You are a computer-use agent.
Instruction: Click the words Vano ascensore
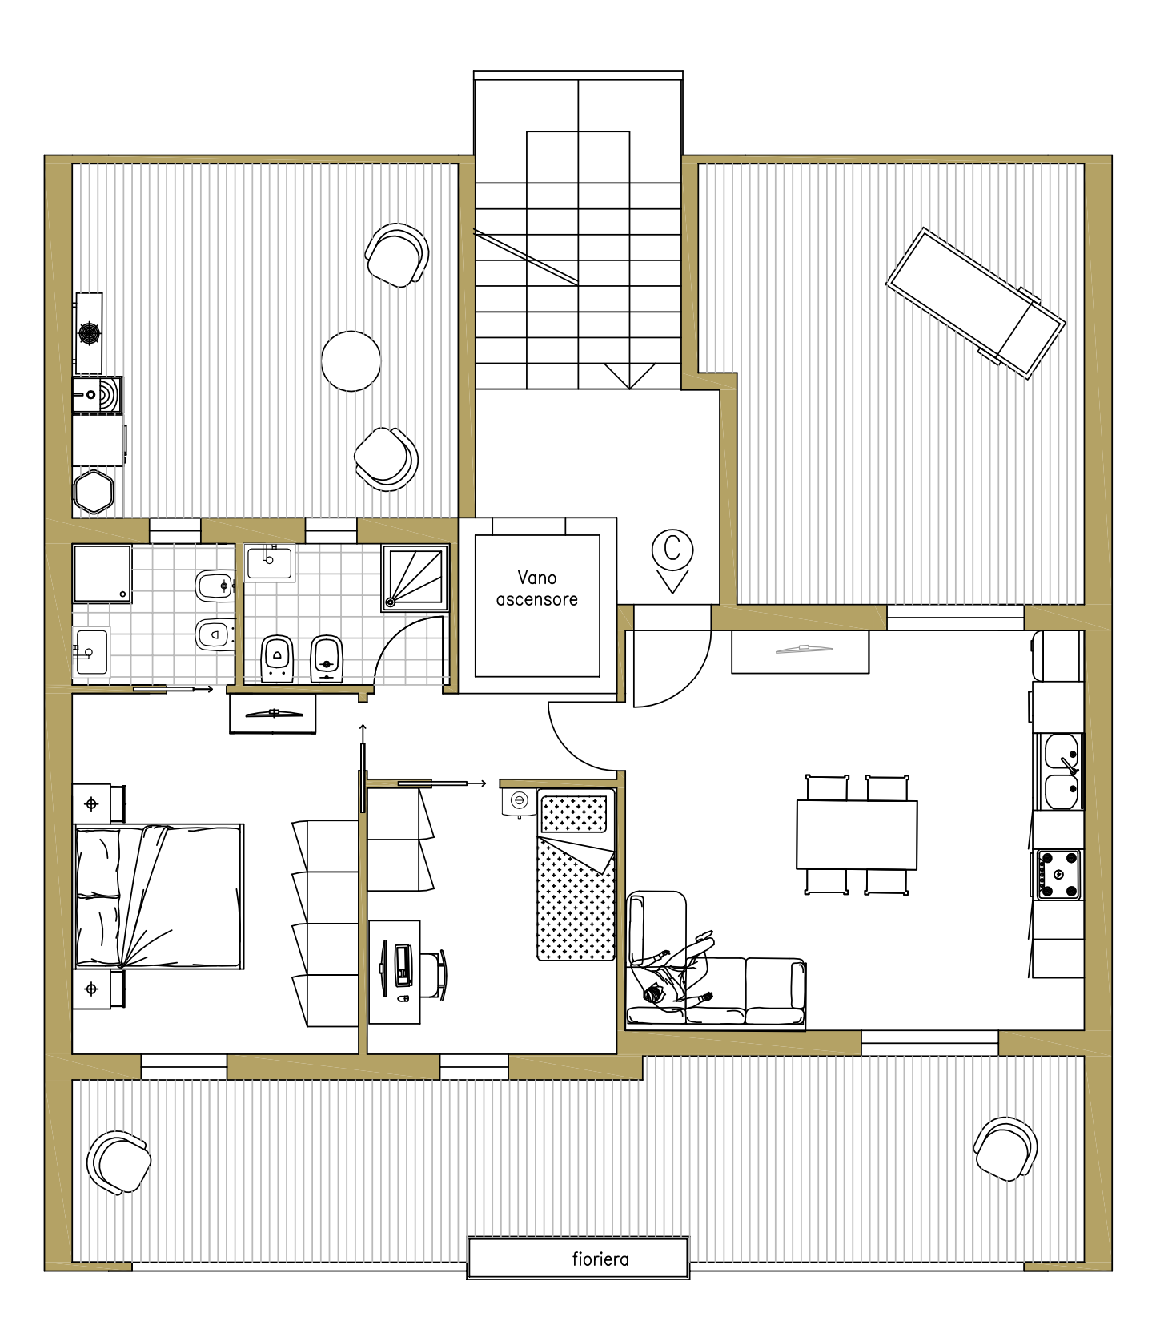click(536, 589)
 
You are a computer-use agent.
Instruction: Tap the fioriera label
click(600, 1259)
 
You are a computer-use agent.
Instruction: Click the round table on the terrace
click(351, 361)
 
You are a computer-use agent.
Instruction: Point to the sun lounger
click(975, 303)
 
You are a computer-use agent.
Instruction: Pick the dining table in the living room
click(857, 835)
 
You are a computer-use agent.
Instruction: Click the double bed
click(159, 896)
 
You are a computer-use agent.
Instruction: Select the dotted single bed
click(576, 874)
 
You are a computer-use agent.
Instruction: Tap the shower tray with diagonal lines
click(415, 578)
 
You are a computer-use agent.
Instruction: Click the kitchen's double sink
click(1062, 771)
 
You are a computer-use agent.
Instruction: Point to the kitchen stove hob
click(1058, 874)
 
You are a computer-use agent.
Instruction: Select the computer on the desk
click(402, 965)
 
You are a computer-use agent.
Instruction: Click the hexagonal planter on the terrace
click(94, 491)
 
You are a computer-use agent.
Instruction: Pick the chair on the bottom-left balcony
click(119, 1162)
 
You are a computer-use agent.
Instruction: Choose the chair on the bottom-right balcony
click(1005, 1149)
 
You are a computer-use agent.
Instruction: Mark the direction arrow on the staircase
click(630, 376)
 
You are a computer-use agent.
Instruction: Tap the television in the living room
click(801, 650)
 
